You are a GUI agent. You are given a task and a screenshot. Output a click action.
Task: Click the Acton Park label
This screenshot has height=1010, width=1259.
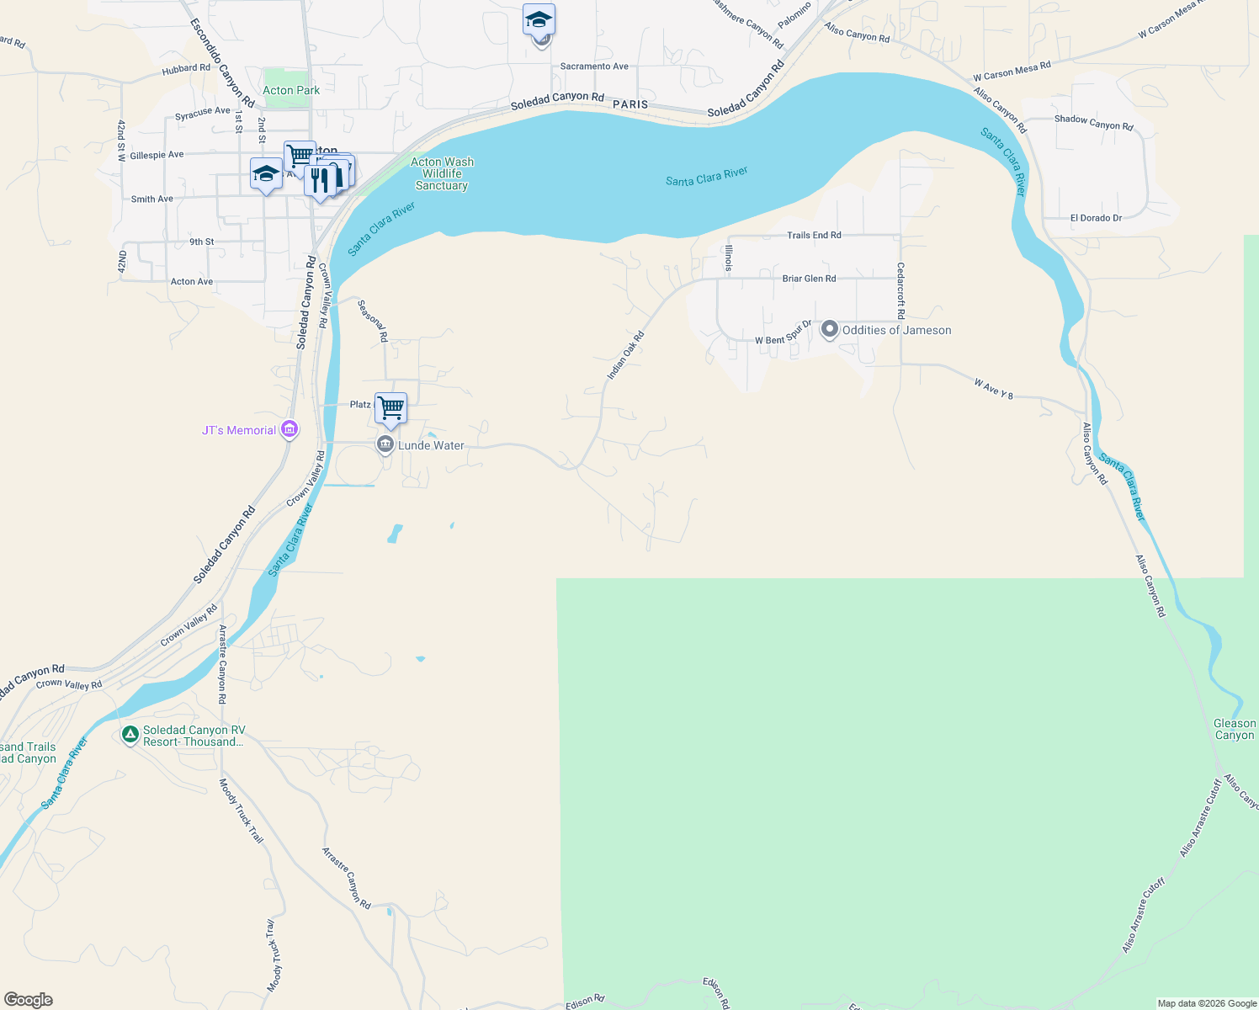point(291,90)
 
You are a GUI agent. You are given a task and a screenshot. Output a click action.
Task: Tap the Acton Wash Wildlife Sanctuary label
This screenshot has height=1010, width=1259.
point(442,173)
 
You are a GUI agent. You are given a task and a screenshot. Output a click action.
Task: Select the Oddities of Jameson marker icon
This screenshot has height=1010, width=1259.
point(829,329)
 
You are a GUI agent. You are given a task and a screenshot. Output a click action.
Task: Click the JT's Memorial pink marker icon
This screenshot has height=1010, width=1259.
point(289,429)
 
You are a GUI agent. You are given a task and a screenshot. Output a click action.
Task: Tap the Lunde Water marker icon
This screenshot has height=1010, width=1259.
point(385,444)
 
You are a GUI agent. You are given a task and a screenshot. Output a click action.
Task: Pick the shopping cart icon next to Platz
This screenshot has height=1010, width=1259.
point(391,408)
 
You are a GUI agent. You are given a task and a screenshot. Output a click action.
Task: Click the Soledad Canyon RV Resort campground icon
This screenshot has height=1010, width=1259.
point(130,735)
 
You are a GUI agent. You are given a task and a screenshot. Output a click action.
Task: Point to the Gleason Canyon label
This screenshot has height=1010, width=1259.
point(1235,729)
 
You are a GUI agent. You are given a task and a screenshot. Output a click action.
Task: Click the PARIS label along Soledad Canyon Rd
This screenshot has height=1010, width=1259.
point(630,104)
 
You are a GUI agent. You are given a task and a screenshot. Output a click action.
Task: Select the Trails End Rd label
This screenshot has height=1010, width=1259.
point(814,235)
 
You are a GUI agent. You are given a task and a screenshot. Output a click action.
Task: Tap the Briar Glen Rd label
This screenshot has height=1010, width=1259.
point(809,278)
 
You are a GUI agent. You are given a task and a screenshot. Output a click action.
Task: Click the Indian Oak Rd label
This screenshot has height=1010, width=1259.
point(625,354)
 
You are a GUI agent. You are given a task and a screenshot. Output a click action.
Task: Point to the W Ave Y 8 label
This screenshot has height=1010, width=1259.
point(993,388)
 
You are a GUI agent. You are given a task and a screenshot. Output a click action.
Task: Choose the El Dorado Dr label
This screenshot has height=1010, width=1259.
point(1096,218)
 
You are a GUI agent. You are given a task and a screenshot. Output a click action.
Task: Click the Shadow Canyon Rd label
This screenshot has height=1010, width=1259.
point(1093,122)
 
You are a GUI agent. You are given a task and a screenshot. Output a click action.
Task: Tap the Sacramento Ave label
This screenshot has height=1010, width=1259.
point(594,66)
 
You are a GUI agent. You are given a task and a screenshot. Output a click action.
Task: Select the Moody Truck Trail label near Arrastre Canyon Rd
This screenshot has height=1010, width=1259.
point(242,811)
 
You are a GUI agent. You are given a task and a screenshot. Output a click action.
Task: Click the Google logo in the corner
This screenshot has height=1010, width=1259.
point(28,1000)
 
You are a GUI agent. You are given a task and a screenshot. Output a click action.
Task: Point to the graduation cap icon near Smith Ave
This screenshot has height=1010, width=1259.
point(266,174)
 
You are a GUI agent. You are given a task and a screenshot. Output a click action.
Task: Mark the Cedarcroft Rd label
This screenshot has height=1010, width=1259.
point(900,290)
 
